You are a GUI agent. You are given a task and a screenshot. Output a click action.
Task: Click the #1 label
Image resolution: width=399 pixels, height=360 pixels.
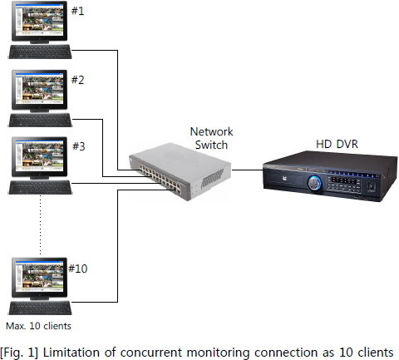click(x=77, y=11)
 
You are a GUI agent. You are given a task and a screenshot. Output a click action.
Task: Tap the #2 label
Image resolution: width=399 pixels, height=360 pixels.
click(x=77, y=80)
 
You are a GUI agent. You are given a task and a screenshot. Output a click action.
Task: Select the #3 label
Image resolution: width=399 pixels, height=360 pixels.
click(x=79, y=146)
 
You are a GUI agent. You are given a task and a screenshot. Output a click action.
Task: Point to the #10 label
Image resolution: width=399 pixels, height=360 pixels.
click(x=78, y=269)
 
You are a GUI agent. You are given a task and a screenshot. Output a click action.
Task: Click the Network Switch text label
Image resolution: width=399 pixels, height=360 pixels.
click(x=211, y=138)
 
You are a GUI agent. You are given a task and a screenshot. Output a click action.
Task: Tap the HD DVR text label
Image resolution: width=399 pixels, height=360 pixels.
click(x=337, y=144)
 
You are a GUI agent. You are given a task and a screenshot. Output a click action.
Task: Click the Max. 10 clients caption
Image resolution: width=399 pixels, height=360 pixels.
click(x=38, y=326)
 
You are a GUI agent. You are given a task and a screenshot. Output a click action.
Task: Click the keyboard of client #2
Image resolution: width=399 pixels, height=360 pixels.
click(x=41, y=120)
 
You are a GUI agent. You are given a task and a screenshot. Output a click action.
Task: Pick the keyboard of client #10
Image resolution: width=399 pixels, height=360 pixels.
click(x=41, y=308)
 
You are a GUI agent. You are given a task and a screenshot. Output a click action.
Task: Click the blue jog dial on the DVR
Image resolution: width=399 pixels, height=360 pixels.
click(x=314, y=183)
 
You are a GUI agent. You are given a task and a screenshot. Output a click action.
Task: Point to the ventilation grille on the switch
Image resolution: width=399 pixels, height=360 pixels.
click(x=212, y=179)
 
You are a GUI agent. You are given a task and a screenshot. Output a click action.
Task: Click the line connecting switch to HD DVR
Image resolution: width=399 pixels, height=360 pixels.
click(x=247, y=170)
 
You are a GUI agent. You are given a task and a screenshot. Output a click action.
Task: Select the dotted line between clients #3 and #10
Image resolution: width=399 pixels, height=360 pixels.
click(x=41, y=224)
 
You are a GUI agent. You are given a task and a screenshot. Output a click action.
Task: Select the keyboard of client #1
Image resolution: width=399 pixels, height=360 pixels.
click(x=40, y=52)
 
